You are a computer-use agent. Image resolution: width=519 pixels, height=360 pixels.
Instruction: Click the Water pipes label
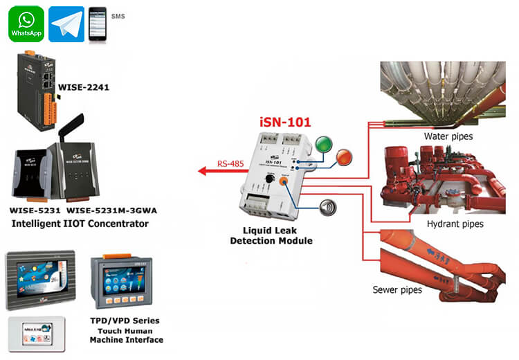pos(448,136)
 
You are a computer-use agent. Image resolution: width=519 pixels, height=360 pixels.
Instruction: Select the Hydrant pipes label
pos(455,224)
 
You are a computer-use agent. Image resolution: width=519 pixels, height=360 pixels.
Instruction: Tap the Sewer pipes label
pos(397,289)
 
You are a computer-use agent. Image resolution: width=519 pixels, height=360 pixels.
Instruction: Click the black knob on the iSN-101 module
pos(268,179)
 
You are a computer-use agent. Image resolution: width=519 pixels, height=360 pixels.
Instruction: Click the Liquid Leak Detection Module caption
pos(271,235)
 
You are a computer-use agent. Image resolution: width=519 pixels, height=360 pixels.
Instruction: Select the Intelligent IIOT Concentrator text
pos(80,224)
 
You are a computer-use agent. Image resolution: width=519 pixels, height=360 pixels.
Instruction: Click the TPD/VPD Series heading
pos(125,321)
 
